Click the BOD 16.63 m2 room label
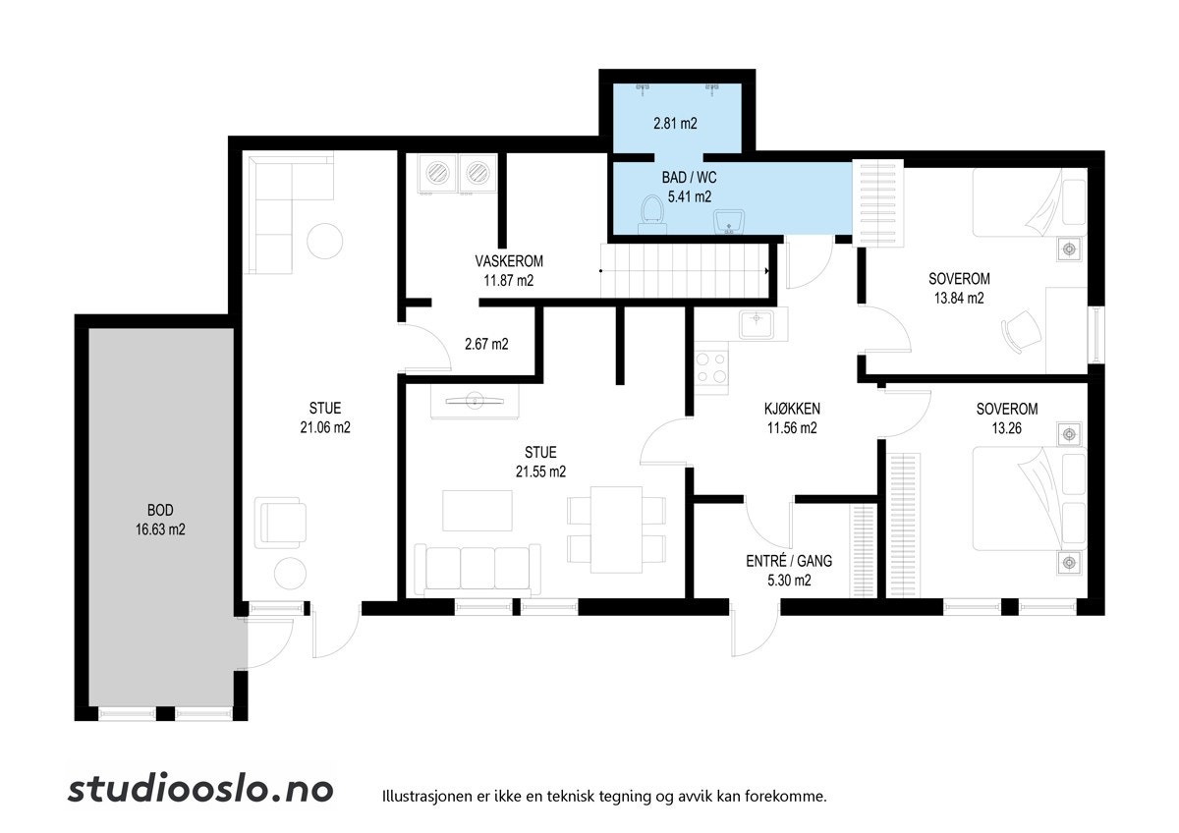point(160,520)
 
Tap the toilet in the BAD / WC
point(652,214)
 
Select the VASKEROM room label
point(509,261)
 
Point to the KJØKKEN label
point(792,409)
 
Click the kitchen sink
point(757,324)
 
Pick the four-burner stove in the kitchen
point(711,367)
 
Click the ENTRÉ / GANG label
point(789,561)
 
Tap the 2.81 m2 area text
point(675,123)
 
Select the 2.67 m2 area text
point(486,344)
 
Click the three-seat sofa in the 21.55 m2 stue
point(477,570)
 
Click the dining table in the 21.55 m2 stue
point(616,529)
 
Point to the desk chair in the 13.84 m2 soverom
point(1021,331)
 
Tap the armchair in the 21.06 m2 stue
point(281,523)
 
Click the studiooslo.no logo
point(200,790)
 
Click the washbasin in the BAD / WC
point(729,222)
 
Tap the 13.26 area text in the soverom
point(1007,428)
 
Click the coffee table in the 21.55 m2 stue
point(477,511)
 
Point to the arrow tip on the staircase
point(768,271)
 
